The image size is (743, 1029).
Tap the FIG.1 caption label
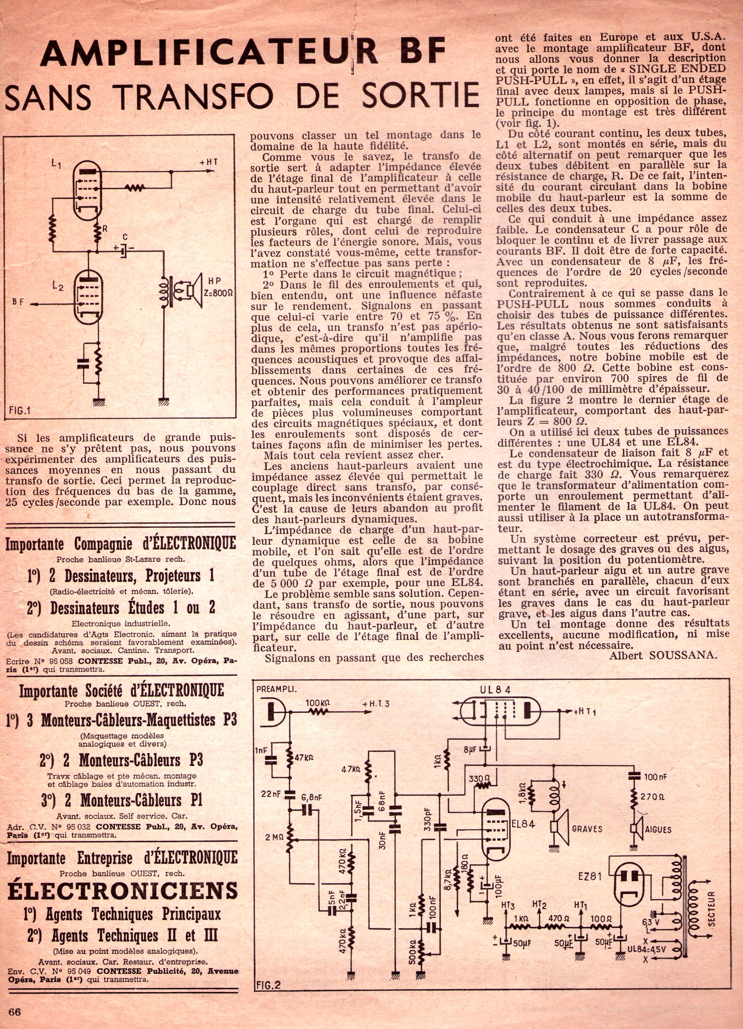click(x=19, y=412)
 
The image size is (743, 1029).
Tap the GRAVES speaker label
click(x=587, y=829)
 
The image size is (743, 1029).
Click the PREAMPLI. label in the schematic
click(x=276, y=688)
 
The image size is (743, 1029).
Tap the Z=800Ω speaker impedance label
click(x=219, y=293)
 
